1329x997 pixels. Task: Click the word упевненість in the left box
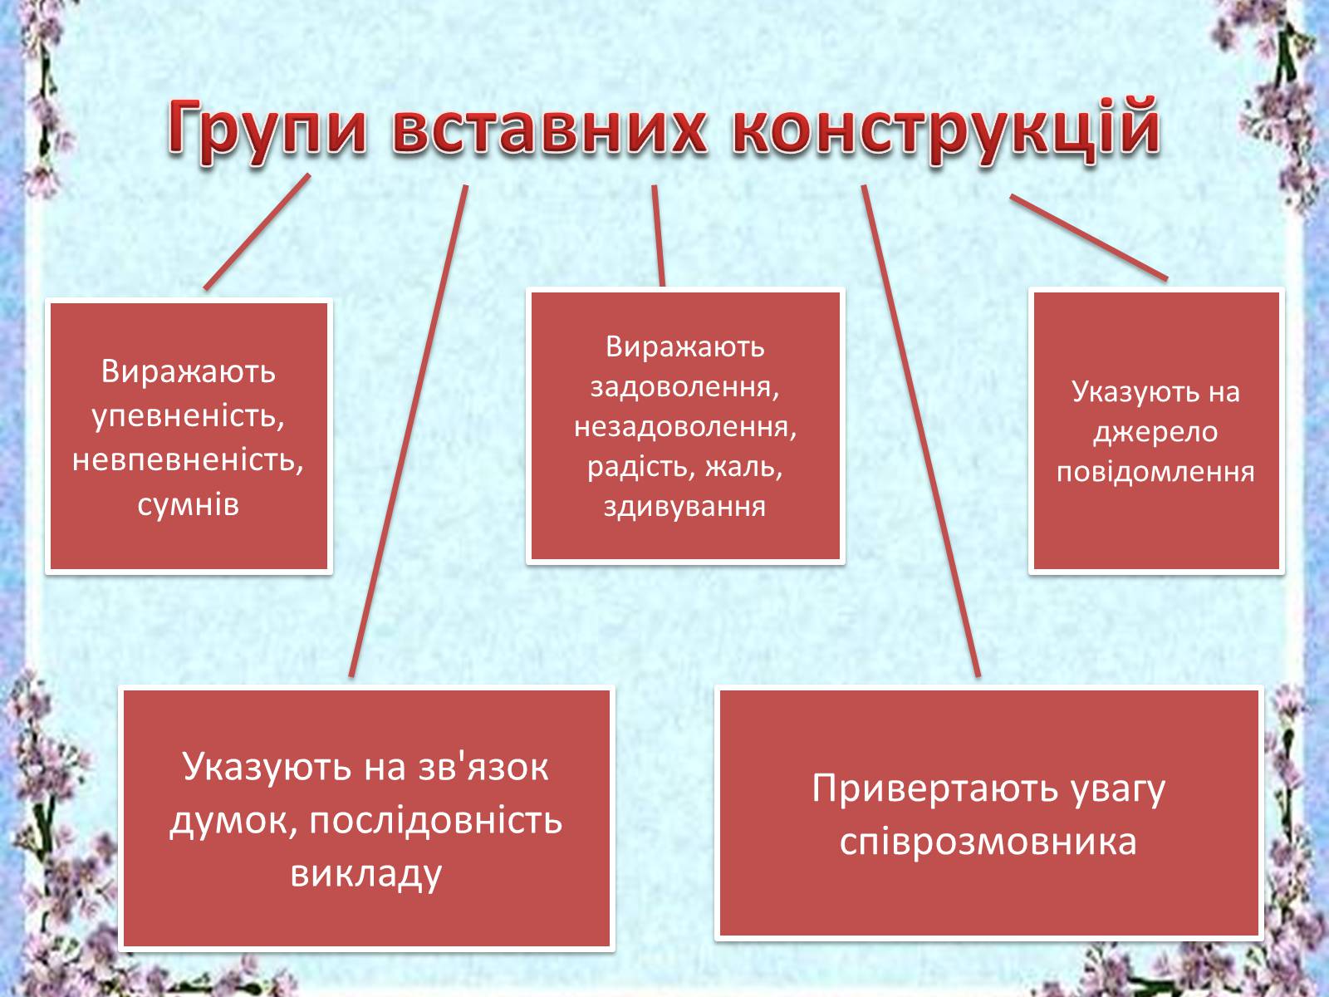click(x=189, y=416)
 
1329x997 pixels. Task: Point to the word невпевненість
click(x=189, y=460)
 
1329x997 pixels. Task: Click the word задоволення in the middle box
click(x=684, y=387)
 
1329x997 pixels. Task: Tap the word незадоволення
click(x=684, y=427)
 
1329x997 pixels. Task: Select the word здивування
click(x=684, y=507)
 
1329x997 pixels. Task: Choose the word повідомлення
click(x=1155, y=473)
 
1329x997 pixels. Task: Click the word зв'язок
click(x=483, y=766)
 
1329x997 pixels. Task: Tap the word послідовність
click(x=437, y=821)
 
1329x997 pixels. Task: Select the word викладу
click(x=365, y=874)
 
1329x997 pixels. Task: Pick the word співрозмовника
click(x=988, y=842)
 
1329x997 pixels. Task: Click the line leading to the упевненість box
click(x=257, y=232)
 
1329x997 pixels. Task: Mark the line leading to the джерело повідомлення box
click(x=1089, y=238)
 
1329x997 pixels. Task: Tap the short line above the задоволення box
click(x=659, y=235)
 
